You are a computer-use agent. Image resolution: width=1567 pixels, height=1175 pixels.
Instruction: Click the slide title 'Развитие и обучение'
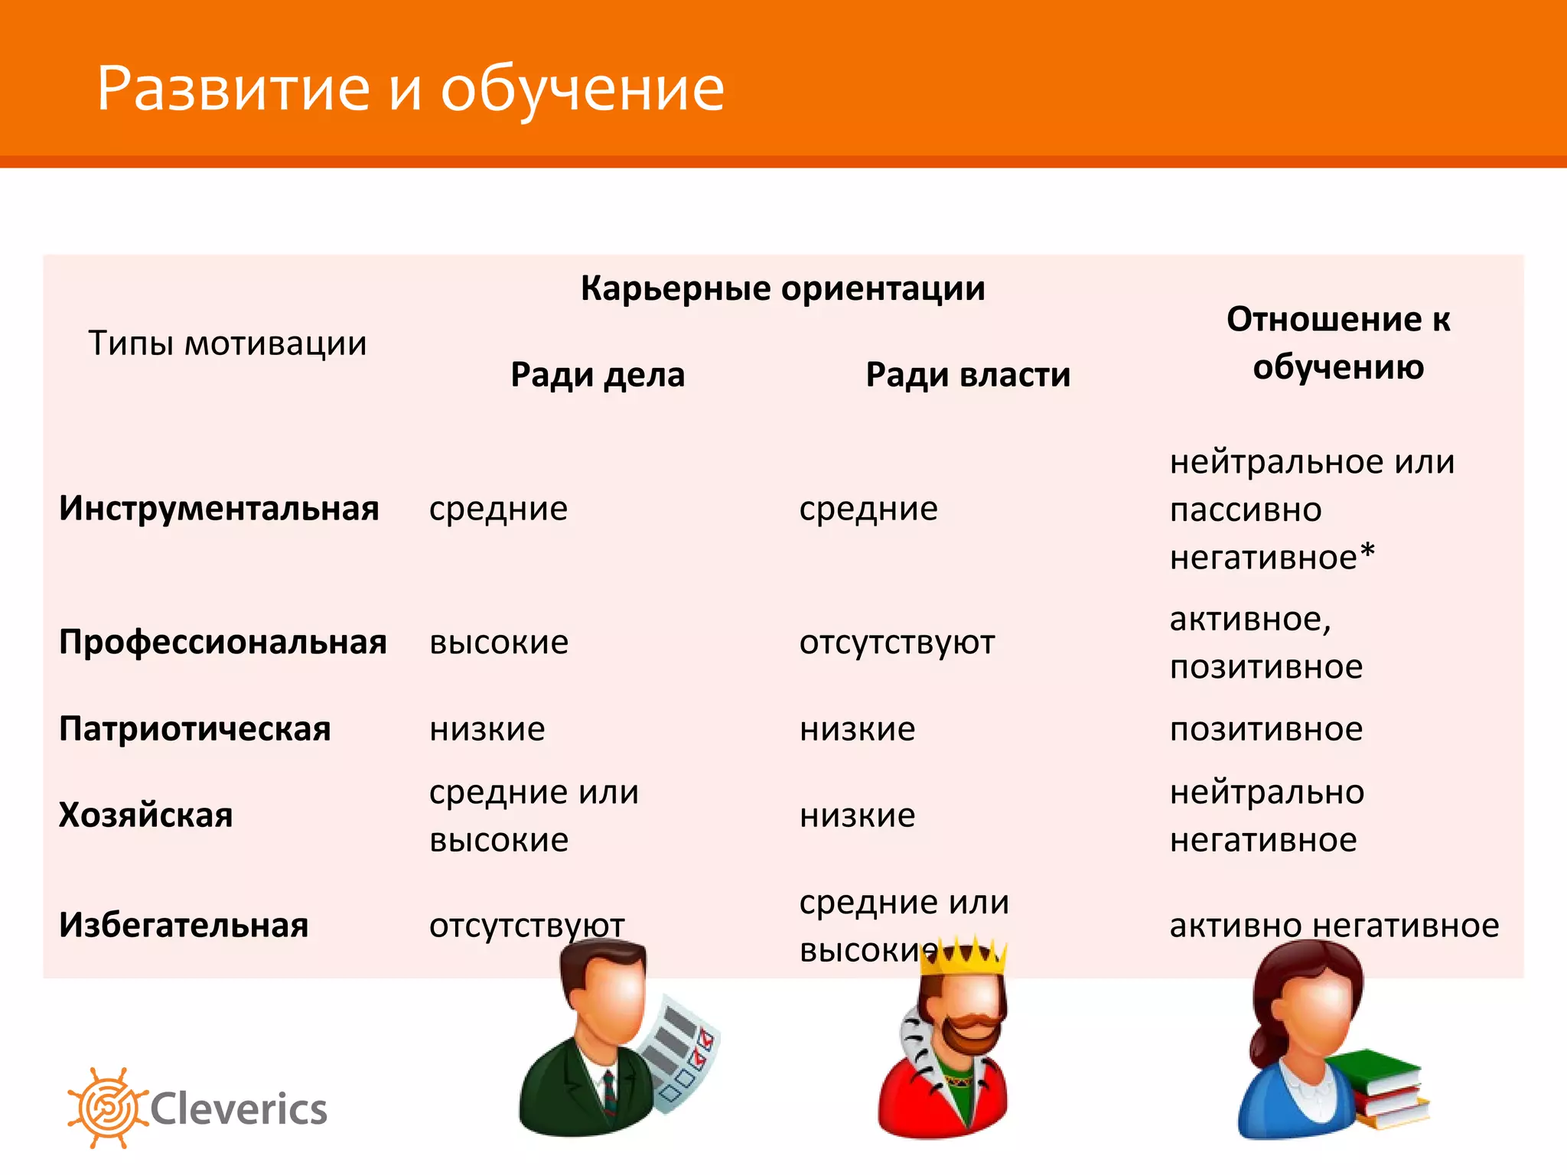coord(410,89)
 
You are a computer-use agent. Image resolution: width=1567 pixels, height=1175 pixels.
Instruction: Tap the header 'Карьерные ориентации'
coord(782,288)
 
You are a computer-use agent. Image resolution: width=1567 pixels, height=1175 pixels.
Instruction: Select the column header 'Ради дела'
coord(598,375)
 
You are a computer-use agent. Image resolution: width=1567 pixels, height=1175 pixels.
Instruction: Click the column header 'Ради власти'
coord(968,375)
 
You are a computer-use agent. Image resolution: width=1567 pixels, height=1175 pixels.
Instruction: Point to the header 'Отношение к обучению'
coord(1338,343)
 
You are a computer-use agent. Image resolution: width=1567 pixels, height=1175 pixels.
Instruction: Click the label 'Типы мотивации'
coord(227,343)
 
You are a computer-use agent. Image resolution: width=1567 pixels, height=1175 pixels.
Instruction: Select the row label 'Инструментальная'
coord(219,509)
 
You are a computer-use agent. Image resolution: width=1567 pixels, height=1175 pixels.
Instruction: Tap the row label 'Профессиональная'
coord(223,643)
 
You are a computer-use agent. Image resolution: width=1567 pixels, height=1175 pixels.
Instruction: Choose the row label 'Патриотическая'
coord(194,729)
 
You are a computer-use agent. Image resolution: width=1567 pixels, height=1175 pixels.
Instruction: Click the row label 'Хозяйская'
coord(145,815)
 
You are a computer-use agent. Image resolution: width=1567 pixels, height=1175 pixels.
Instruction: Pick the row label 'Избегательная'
coord(184,926)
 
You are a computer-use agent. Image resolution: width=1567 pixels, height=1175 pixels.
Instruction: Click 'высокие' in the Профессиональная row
coord(499,643)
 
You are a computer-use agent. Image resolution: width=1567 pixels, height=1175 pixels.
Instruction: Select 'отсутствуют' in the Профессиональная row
coord(897,643)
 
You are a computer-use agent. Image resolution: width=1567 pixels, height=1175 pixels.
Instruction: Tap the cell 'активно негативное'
coord(1334,926)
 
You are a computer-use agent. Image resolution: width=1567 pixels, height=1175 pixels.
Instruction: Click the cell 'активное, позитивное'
coord(1266,643)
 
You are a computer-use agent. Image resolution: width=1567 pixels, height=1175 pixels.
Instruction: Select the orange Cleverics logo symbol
coord(106,1108)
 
